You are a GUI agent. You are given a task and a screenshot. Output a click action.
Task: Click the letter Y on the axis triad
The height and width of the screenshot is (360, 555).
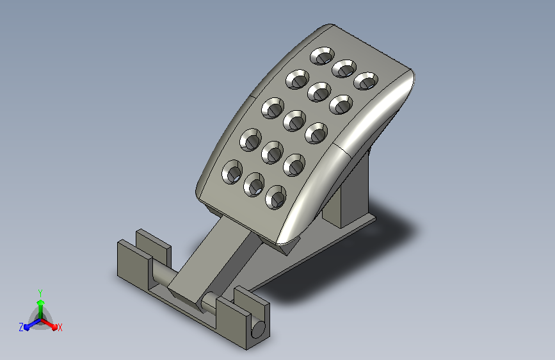coord(40,293)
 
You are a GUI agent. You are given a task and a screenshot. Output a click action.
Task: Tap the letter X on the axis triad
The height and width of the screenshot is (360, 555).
coord(60,327)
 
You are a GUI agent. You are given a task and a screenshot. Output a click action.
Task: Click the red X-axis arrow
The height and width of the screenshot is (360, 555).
coord(49,324)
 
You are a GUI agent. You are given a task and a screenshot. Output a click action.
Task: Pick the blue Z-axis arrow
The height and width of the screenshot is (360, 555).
coord(33,324)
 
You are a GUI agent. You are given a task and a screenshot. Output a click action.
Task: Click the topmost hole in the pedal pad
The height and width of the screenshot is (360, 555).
coord(323,56)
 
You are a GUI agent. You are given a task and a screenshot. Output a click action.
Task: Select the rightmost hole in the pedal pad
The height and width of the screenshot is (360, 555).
coord(366,81)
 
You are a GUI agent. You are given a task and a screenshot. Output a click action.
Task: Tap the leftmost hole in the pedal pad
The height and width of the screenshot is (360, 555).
coord(232,172)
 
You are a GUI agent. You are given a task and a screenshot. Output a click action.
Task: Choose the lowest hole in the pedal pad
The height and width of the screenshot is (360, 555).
coord(276,197)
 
